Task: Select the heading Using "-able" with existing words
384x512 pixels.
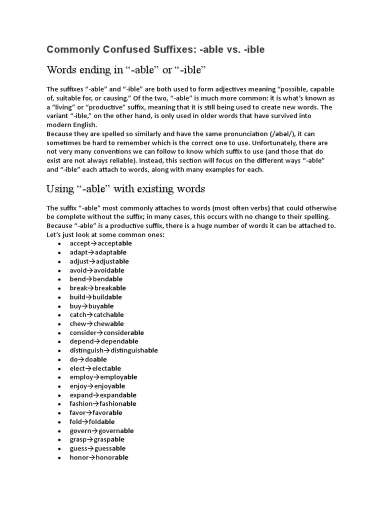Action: tap(125, 189)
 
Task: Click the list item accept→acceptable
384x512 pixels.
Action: tap(101, 243)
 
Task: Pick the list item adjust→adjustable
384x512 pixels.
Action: tap(99, 261)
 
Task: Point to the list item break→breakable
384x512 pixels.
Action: tap(98, 288)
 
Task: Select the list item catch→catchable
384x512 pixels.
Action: tap(97, 314)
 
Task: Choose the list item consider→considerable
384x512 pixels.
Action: tap(107, 332)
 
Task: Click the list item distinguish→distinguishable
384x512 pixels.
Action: tap(114, 350)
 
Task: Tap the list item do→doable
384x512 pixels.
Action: tap(88, 359)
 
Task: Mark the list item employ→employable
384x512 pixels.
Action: tap(103, 377)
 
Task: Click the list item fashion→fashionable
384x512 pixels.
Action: tap(103, 403)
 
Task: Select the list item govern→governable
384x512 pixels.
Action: tap(102, 430)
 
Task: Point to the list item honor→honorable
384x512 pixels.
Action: tap(99, 457)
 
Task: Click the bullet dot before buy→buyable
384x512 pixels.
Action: tap(59, 306)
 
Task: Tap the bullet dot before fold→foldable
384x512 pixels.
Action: tap(59, 422)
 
